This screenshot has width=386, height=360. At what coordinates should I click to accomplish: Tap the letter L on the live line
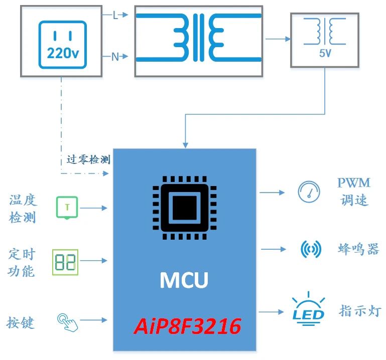(x=115, y=16)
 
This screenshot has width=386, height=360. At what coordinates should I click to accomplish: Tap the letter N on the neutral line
(x=115, y=57)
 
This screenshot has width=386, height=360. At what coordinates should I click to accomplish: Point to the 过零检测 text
(x=88, y=160)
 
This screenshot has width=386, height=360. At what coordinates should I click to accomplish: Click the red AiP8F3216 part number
(x=187, y=327)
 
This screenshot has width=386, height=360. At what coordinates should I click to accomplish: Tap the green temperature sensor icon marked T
(x=67, y=207)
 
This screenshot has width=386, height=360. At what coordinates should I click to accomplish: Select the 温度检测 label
(x=23, y=209)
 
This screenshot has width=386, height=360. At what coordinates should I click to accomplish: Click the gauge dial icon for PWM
(x=309, y=192)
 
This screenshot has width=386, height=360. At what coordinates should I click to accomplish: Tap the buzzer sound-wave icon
(x=311, y=249)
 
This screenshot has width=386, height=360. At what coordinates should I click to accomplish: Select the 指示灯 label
(x=360, y=310)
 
